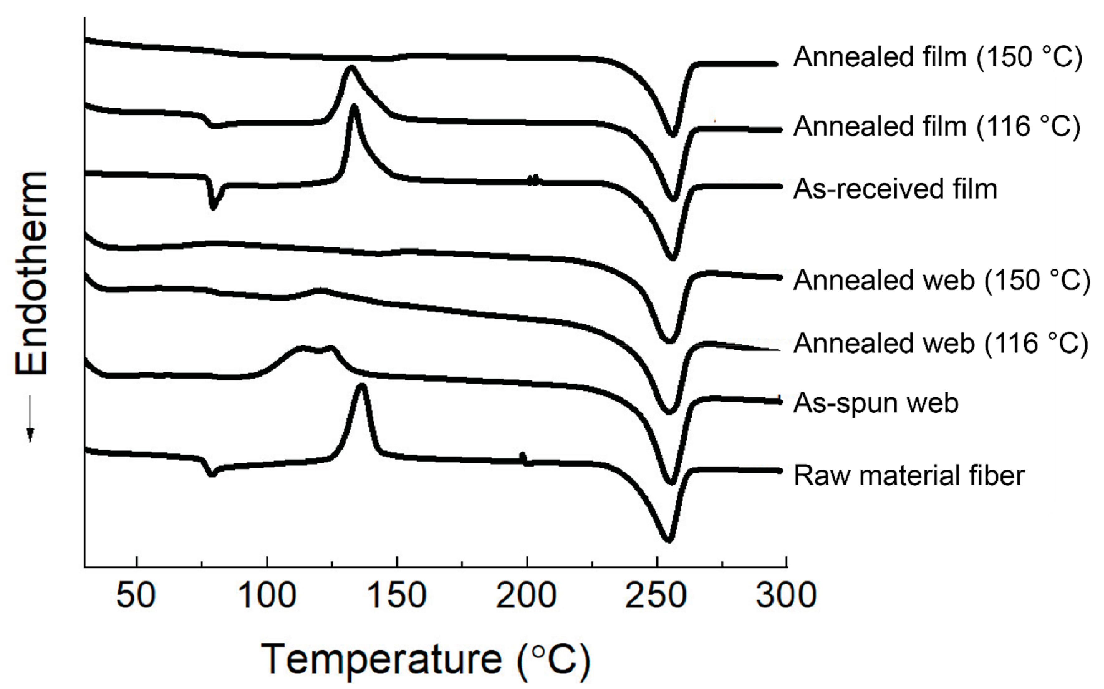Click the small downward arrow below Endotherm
30,419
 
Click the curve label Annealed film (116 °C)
937,126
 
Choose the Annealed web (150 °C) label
942,280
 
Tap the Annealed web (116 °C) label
941,343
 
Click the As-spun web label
876,403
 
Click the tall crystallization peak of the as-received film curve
354,108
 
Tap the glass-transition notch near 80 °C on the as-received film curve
213,207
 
